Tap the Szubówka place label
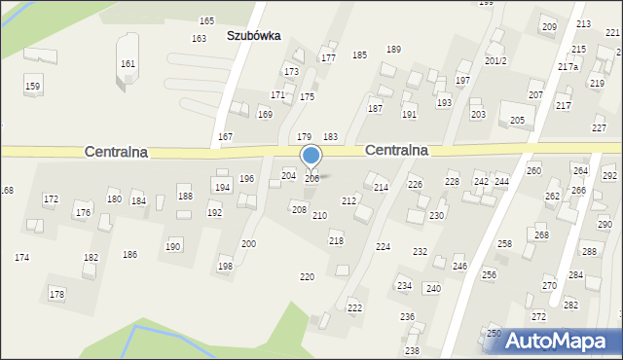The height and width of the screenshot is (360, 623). click(x=253, y=35)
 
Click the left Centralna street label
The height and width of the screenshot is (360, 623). click(x=116, y=152)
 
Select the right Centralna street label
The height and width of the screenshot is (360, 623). click(x=397, y=151)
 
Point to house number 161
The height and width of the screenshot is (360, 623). click(x=128, y=63)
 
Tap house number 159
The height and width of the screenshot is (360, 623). click(x=33, y=87)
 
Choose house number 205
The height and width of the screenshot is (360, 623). click(x=517, y=120)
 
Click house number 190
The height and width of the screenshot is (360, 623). click(x=173, y=246)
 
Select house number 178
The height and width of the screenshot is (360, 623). click(x=56, y=294)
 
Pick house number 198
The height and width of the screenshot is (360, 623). click(x=225, y=266)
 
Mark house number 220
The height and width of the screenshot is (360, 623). click(x=307, y=277)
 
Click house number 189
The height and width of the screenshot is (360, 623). click(x=393, y=49)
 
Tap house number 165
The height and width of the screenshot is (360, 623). click(x=206, y=20)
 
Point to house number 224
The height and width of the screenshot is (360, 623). click(x=384, y=247)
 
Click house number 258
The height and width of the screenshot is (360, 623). click(x=504, y=243)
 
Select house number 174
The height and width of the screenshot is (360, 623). click(x=21, y=257)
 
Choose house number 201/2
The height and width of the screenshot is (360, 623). click(x=495, y=60)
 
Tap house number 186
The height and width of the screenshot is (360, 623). click(x=129, y=254)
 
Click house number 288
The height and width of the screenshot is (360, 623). click(x=589, y=252)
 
